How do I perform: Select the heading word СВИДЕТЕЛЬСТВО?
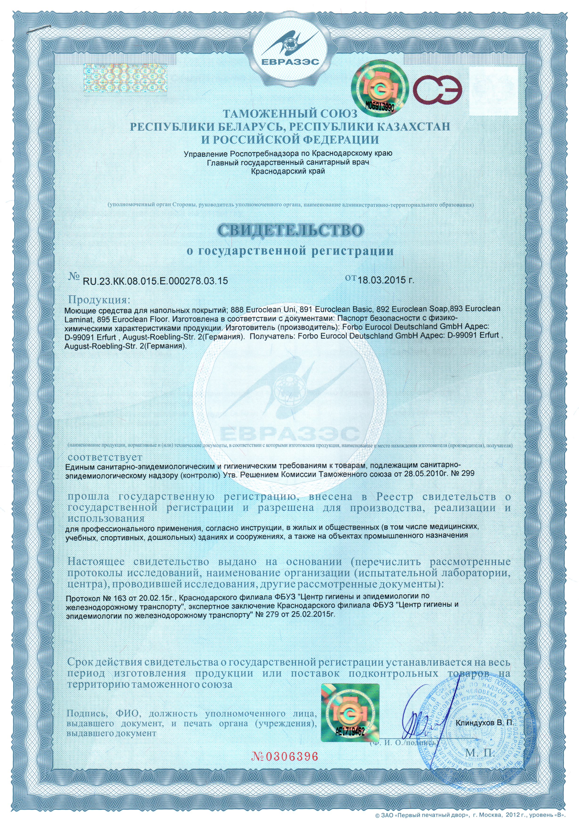[x=290, y=230]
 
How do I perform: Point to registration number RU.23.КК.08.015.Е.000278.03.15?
[x=155, y=281]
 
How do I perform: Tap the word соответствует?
[x=105, y=457]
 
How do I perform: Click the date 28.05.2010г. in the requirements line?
[x=428, y=473]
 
